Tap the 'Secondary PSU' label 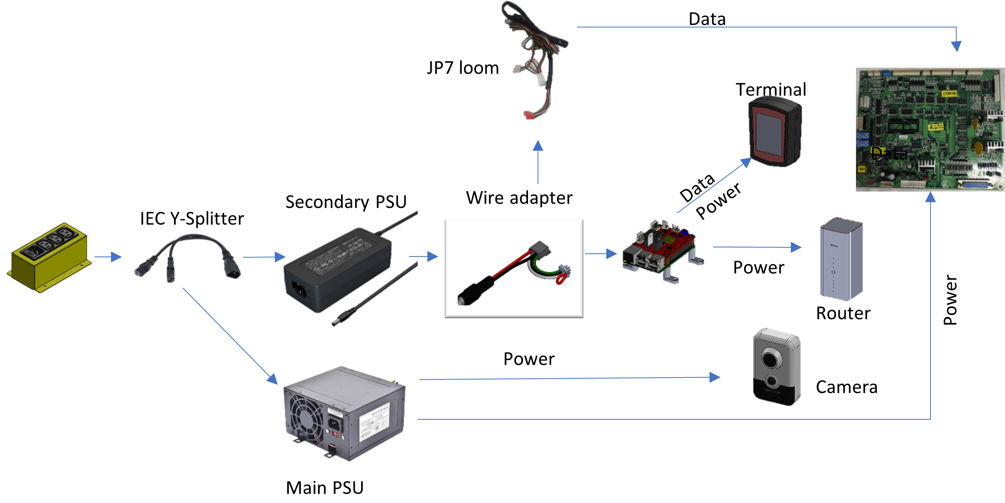(346, 202)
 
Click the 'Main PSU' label (325, 488)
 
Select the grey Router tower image (841, 259)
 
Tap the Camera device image (777, 367)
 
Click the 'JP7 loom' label (463, 68)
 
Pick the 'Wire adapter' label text (519, 198)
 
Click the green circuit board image (930, 129)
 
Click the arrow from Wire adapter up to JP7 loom (538, 162)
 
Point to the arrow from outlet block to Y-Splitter (108, 257)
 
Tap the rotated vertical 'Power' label (950, 300)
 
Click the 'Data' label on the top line (707, 19)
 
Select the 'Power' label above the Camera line (529, 359)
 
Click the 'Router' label (843, 313)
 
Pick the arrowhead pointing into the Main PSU (273, 379)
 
